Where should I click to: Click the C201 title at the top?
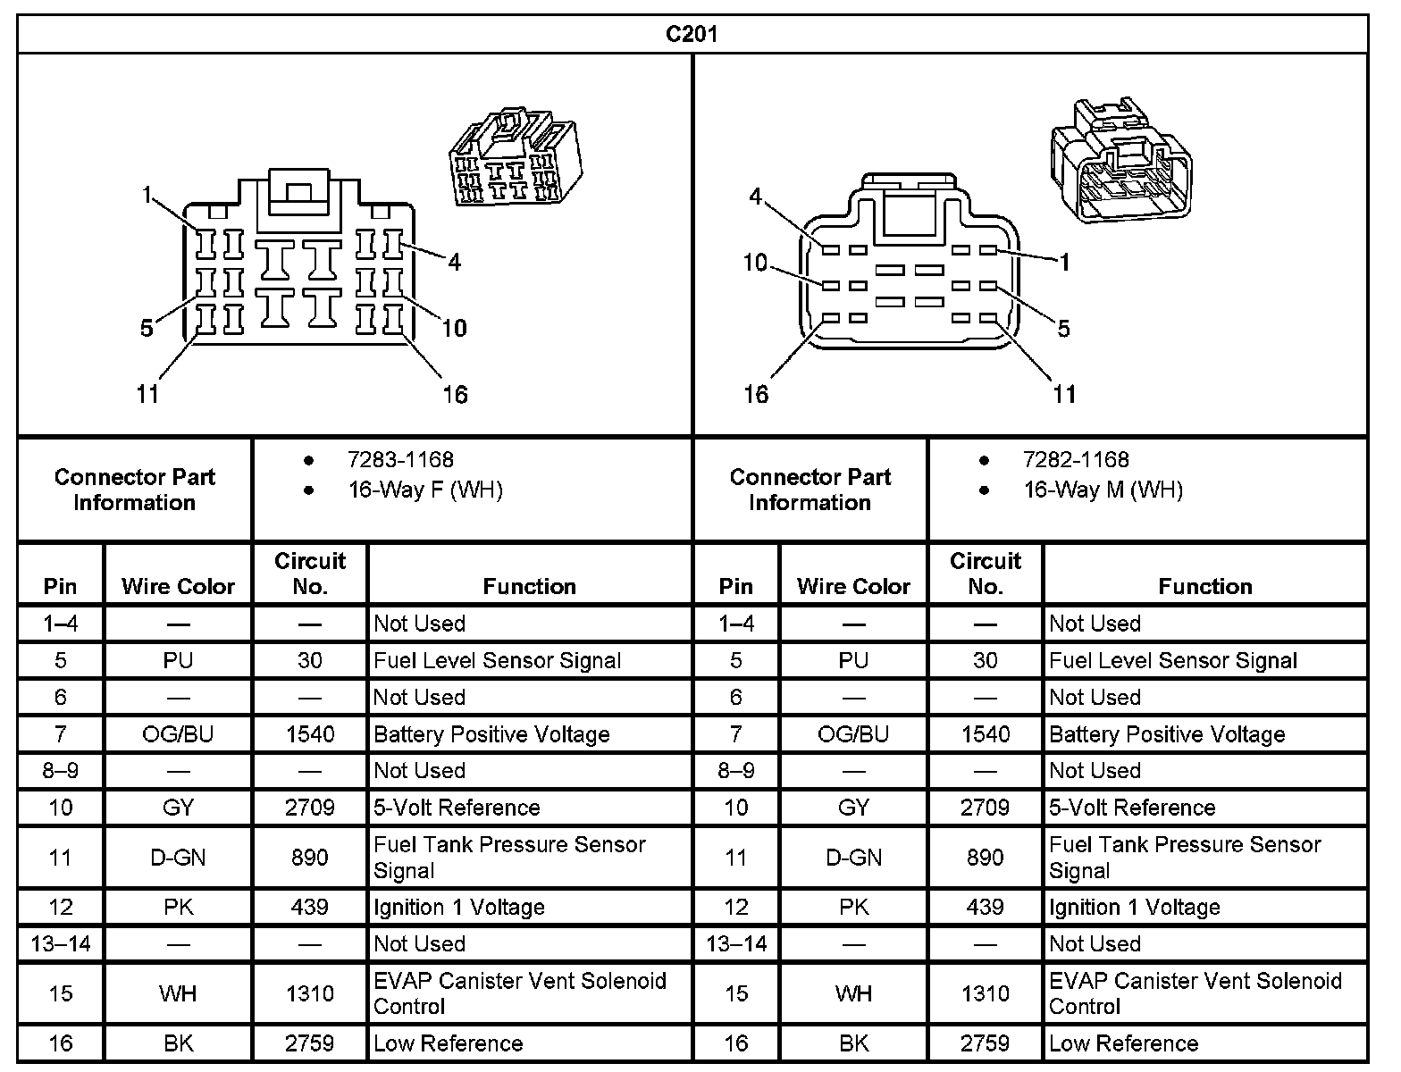click(692, 34)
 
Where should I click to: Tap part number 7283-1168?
click(400, 460)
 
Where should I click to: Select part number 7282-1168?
click(1076, 460)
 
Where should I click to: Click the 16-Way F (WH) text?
click(425, 490)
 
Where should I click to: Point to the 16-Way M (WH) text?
click(1103, 490)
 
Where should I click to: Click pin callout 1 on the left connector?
click(148, 194)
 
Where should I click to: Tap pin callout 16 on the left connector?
click(455, 394)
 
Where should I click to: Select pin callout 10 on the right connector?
click(755, 263)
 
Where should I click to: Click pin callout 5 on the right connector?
click(1063, 329)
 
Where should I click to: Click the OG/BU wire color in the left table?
click(178, 734)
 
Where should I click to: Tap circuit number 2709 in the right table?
click(985, 808)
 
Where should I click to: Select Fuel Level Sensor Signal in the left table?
click(497, 661)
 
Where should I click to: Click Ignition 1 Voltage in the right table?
click(1134, 908)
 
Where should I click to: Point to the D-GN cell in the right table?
click(853, 858)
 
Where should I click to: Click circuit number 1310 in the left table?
click(309, 993)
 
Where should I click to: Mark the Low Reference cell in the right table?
click(1123, 1043)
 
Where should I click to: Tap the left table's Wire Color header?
click(178, 586)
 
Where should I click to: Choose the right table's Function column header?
click(1204, 586)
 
